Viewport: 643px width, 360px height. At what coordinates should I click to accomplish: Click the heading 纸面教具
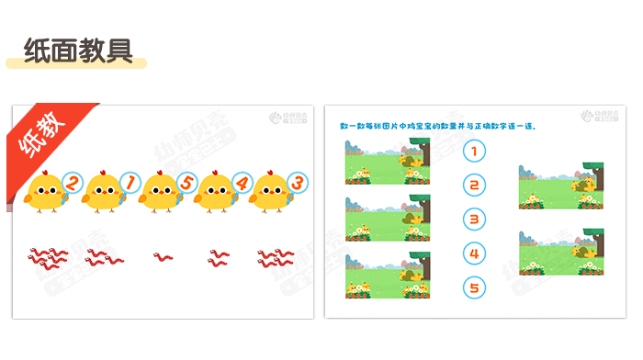click(x=77, y=51)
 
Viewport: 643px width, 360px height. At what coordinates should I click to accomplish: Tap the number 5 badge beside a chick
click(x=186, y=182)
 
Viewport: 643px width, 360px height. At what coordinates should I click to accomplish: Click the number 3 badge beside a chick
click(x=297, y=182)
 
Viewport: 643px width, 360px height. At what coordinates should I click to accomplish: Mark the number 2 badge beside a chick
click(x=71, y=182)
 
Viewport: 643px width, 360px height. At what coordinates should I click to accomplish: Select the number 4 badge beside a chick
click(x=243, y=182)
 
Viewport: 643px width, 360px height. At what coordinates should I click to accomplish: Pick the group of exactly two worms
click(x=219, y=257)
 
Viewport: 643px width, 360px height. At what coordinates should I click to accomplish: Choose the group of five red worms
click(x=47, y=257)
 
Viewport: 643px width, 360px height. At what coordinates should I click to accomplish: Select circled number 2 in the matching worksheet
click(x=473, y=186)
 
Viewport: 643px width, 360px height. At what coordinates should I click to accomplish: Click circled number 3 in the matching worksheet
click(x=473, y=219)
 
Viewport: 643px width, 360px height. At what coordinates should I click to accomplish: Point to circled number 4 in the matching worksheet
click(x=473, y=253)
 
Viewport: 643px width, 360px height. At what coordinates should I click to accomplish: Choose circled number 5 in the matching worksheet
click(x=473, y=287)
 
